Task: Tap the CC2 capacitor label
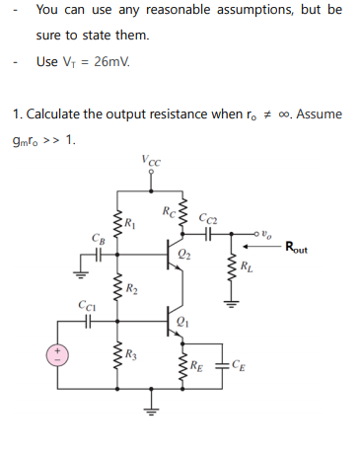tap(208, 218)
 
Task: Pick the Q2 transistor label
tap(185, 256)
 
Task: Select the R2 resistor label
tap(130, 288)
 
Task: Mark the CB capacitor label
tap(95, 238)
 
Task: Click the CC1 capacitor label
tap(86, 307)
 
